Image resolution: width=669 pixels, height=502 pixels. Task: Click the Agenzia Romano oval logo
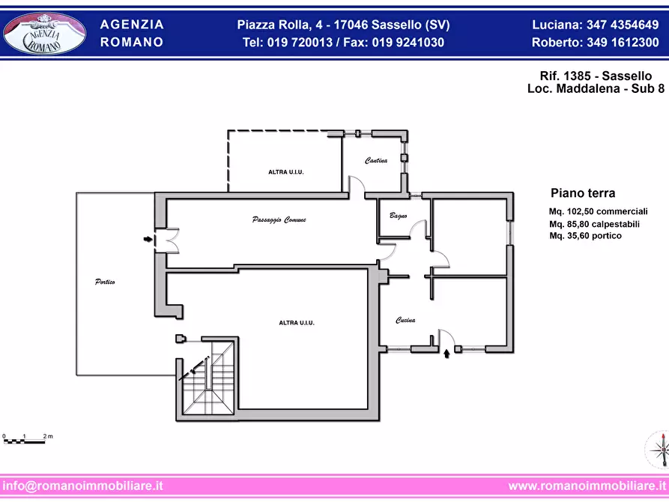click(44, 34)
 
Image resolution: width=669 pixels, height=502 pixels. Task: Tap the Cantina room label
click(376, 160)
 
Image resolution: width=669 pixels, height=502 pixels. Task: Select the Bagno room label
click(398, 216)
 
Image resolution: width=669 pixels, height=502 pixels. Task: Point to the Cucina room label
click(405, 320)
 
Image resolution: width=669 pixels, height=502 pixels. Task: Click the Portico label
click(105, 282)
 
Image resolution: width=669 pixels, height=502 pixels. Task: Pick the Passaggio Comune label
click(279, 220)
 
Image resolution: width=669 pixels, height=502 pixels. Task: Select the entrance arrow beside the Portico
click(148, 240)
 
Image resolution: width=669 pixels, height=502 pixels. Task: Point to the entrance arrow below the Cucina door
click(446, 354)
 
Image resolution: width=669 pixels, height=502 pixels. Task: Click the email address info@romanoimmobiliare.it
click(82, 486)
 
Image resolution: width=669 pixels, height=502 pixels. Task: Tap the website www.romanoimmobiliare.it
click(587, 486)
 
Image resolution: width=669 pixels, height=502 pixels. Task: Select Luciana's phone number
click(623, 25)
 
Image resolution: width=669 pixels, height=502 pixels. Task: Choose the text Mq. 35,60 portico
click(585, 235)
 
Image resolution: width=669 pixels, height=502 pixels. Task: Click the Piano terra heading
click(583, 193)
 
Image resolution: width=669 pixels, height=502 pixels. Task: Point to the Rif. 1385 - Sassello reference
click(596, 76)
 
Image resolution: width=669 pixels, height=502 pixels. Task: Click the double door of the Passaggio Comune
click(167, 241)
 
